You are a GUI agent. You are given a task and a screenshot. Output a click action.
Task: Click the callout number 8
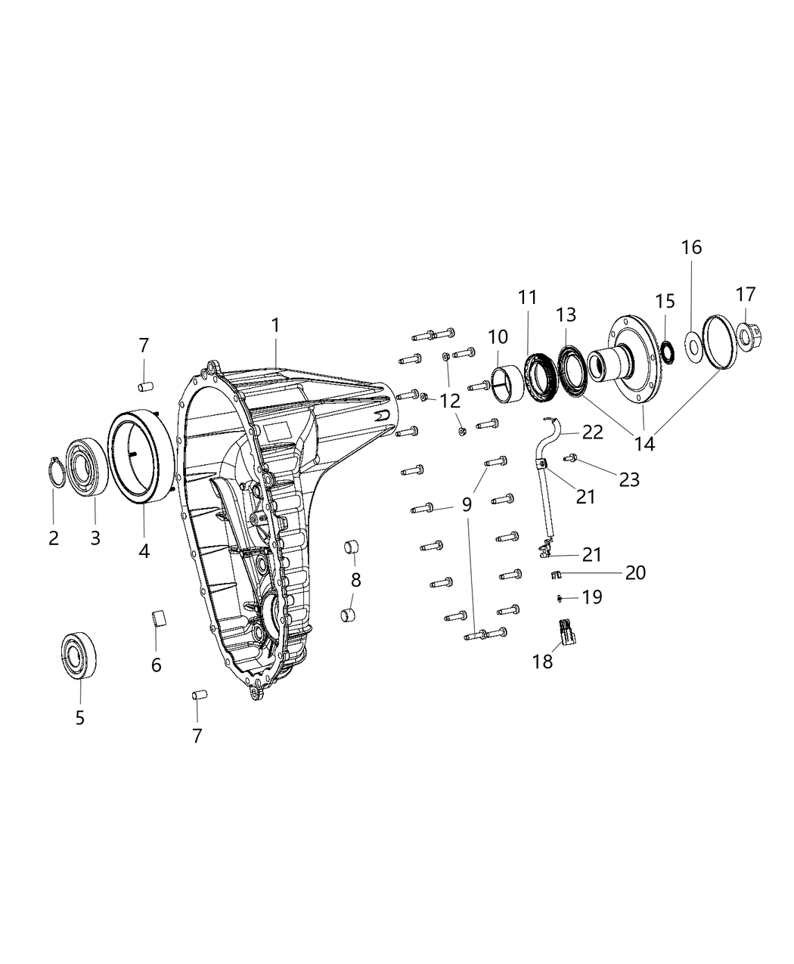coord(355,581)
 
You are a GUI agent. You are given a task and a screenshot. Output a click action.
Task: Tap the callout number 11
coord(527,297)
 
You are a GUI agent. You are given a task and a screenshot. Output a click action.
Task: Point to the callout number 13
coord(566,315)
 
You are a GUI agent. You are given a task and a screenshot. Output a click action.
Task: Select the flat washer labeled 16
coord(692,346)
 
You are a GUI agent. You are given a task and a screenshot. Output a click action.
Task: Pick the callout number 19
coord(592,597)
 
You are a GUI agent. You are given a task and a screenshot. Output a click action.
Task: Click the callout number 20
coord(635,572)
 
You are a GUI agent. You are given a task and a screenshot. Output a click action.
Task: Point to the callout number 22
coord(592,432)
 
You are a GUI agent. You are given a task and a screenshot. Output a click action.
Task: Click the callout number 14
coord(645,443)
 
